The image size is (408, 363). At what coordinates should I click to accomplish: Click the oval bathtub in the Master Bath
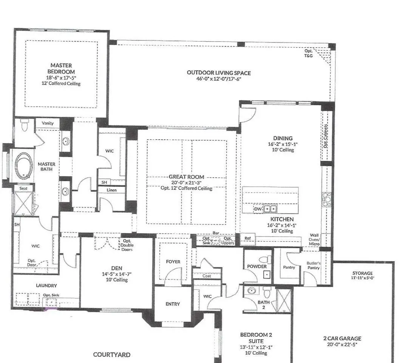(x=24, y=166)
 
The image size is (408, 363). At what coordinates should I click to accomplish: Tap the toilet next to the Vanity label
(x=24, y=126)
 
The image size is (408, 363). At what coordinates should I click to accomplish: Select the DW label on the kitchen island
(x=258, y=209)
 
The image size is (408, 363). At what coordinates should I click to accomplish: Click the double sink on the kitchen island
(x=270, y=209)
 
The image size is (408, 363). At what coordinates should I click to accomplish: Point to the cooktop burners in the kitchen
(x=327, y=200)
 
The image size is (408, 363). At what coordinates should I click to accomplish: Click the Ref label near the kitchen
(x=247, y=238)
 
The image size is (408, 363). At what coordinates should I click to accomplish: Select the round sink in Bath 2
(x=251, y=291)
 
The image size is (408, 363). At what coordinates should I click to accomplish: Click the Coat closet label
(x=207, y=276)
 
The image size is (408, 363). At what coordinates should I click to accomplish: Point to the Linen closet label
(x=111, y=190)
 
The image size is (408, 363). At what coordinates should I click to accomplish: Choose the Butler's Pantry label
(x=313, y=265)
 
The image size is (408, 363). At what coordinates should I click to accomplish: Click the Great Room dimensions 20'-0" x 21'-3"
(x=186, y=183)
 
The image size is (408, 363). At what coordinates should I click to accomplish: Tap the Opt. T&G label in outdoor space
(x=309, y=53)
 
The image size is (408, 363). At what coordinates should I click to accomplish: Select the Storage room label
(x=362, y=273)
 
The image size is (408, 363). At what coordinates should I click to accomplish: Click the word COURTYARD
(x=111, y=355)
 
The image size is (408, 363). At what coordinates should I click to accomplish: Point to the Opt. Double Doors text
(x=127, y=245)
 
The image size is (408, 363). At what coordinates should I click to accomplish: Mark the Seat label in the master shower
(x=23, y=188)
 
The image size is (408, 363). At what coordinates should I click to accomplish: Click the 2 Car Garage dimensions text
(x=342, y=344)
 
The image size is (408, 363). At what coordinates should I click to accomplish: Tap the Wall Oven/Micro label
(x=314, y=239)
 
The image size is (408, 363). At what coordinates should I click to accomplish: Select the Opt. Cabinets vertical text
(x=326, y=136)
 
